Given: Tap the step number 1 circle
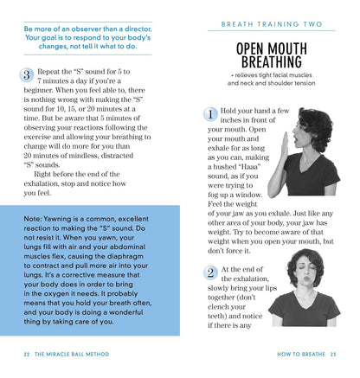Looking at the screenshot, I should click(210, 113).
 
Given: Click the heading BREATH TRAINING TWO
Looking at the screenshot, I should click(271, 26).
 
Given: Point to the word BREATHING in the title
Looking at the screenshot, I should click(272, 62).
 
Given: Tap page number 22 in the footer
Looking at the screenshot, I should click(28, 354).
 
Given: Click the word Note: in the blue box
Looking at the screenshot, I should click(36, 219).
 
